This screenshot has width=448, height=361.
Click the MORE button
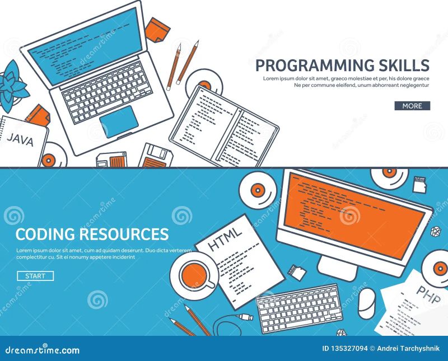(412, 106)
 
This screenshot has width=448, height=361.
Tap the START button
(35, 276)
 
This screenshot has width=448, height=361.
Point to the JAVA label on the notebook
(21, 139)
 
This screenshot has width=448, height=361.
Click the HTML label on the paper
(225, 237)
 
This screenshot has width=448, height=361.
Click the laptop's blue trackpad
(119, 120)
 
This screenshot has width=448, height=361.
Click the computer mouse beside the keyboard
(366, 303)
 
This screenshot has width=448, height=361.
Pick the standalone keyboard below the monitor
(300, 307)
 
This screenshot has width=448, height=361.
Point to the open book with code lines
(224, 126)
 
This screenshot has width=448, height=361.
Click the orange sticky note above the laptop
(157, 29)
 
